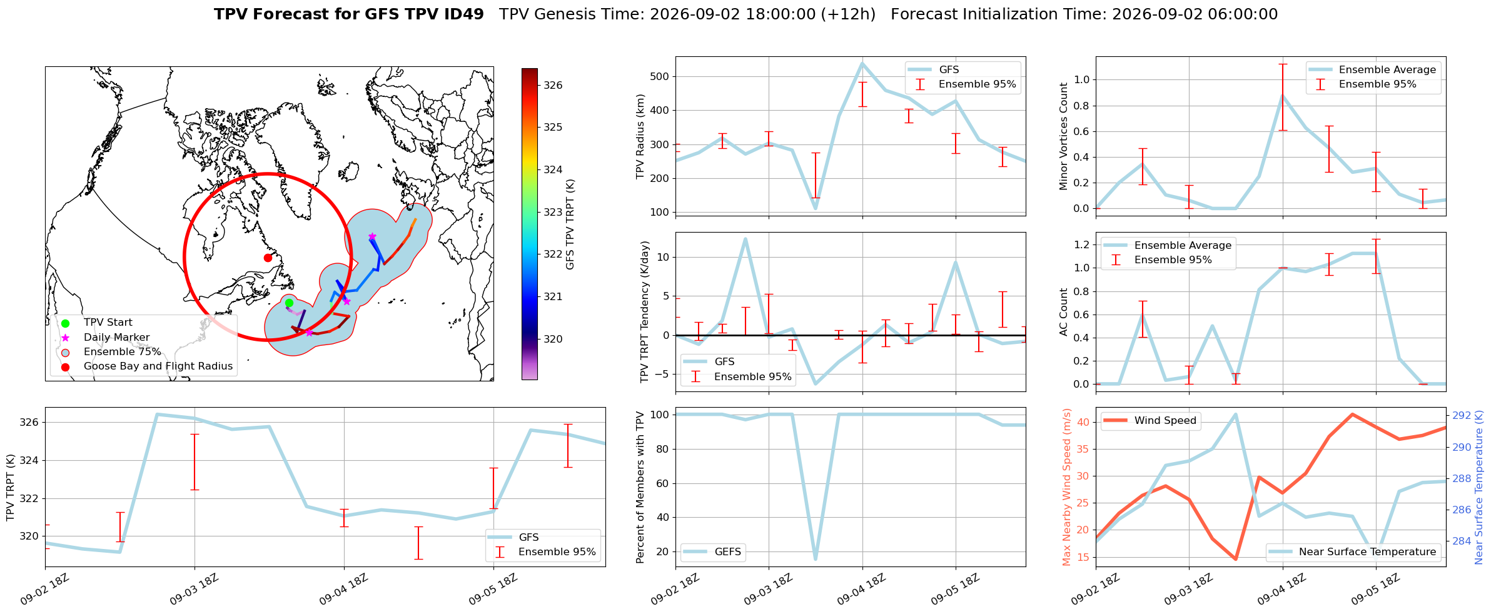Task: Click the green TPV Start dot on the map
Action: (289, 303)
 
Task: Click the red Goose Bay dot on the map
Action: (268, 258)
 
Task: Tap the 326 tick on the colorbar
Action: (553, 85)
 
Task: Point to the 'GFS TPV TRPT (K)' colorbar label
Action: (570, 224)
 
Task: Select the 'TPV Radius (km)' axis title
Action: (640, 136)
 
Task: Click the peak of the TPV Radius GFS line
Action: (862, 63)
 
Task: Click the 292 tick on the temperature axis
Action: (1462, 415)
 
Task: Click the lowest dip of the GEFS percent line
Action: (816, 558)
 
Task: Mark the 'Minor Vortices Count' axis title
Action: (1064, 136)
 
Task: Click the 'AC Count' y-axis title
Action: (1064, 312)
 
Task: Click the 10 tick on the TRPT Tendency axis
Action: (664, 257)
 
